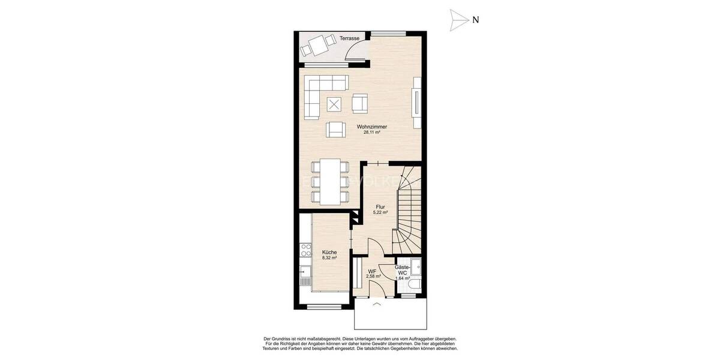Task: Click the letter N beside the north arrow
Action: click(x=475, y=20)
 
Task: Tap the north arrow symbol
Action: click(x=459, y=20)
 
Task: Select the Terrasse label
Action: click(x=349, y=38)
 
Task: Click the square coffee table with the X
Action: click(x=335, y=104)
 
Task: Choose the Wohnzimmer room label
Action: click(x=371, y=127)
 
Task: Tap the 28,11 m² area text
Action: click(x=371, y=133)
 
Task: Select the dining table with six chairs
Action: click(x=328, y=181)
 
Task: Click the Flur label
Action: click(x=380, y=206)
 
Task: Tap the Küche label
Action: click(x=329, y=252)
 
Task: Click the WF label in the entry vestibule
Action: click(x=372, y=271)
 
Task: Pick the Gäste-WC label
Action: click(x=402, y=269)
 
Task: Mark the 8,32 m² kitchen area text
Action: click(x=329, y=258)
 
